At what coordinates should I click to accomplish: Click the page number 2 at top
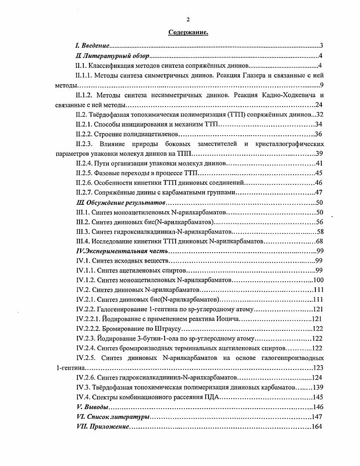(x=188, y=19)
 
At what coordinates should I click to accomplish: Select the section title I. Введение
(x=92, y=46)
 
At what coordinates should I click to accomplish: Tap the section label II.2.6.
(x=86, y=182)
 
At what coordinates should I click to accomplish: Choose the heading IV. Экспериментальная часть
(x=121, y=251)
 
